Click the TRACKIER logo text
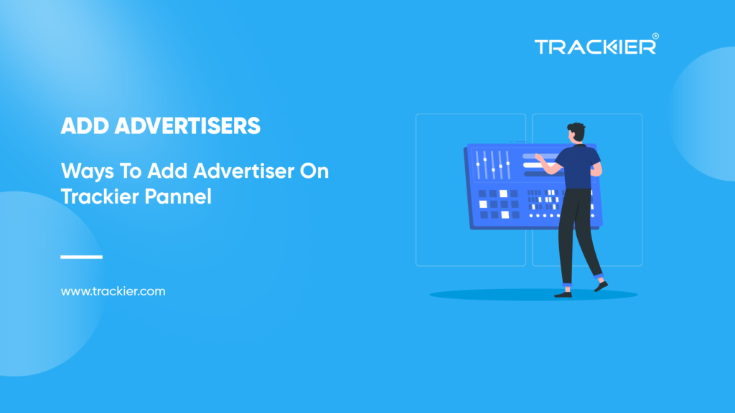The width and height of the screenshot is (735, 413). point(594,47)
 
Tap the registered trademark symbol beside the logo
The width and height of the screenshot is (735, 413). point(655,36)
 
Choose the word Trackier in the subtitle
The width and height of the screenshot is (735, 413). point(96,196)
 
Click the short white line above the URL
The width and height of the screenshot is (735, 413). point(82,257)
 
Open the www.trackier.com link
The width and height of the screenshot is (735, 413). point(113,292)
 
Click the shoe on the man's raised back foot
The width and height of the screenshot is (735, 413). point(600,286)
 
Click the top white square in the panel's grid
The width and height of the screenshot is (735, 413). point(503,194)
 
